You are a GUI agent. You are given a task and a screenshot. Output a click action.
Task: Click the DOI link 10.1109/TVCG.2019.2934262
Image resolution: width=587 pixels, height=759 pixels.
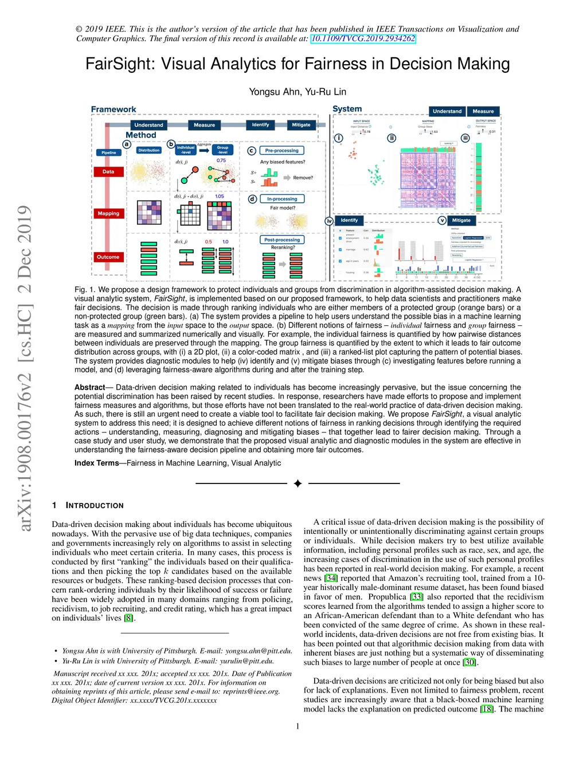click(x=363, y=38)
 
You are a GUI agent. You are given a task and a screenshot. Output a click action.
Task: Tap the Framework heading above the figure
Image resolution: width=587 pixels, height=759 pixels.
click(x=114, y=109)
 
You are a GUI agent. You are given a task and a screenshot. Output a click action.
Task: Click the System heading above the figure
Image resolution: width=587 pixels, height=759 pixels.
click(x=347, y=109)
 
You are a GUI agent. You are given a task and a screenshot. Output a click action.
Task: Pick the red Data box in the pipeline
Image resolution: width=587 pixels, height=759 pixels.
click(x=108, y=172)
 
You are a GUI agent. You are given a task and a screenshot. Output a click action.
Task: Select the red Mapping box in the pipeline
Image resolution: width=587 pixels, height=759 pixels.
click(x=108, y=214)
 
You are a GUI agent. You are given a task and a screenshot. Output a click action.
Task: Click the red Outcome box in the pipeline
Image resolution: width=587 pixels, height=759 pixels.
click(x=108, y=257)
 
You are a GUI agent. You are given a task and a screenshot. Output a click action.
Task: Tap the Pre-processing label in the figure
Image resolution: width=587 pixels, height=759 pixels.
click(x=281, y=151)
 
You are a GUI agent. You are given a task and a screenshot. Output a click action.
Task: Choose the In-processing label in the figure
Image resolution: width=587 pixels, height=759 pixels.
click(x=282, y=199)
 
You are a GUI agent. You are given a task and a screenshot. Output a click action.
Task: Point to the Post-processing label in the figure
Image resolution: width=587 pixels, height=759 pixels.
click(x=281, y=240)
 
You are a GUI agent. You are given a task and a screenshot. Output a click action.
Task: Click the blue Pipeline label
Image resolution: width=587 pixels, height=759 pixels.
click(x=109, y=153)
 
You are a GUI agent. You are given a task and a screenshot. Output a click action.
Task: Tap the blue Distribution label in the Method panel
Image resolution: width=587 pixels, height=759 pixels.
click(x=148, y=151)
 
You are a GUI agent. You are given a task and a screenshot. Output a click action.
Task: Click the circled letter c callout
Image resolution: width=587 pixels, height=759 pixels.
click(x=251, y=151)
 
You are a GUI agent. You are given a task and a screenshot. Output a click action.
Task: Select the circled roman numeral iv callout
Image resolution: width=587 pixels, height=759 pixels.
click(x=329, y=221)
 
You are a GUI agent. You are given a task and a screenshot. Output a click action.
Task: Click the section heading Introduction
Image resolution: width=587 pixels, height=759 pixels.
click(x=95, y=505)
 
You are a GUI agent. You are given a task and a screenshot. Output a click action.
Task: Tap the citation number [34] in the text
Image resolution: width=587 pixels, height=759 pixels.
click(x=331, y=578)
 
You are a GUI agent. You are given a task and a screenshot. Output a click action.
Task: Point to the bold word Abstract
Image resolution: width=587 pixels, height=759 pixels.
click(x=89, y=387)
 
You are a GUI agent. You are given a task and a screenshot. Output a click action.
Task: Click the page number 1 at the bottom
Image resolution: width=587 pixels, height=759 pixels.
click(x=298, y=726)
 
